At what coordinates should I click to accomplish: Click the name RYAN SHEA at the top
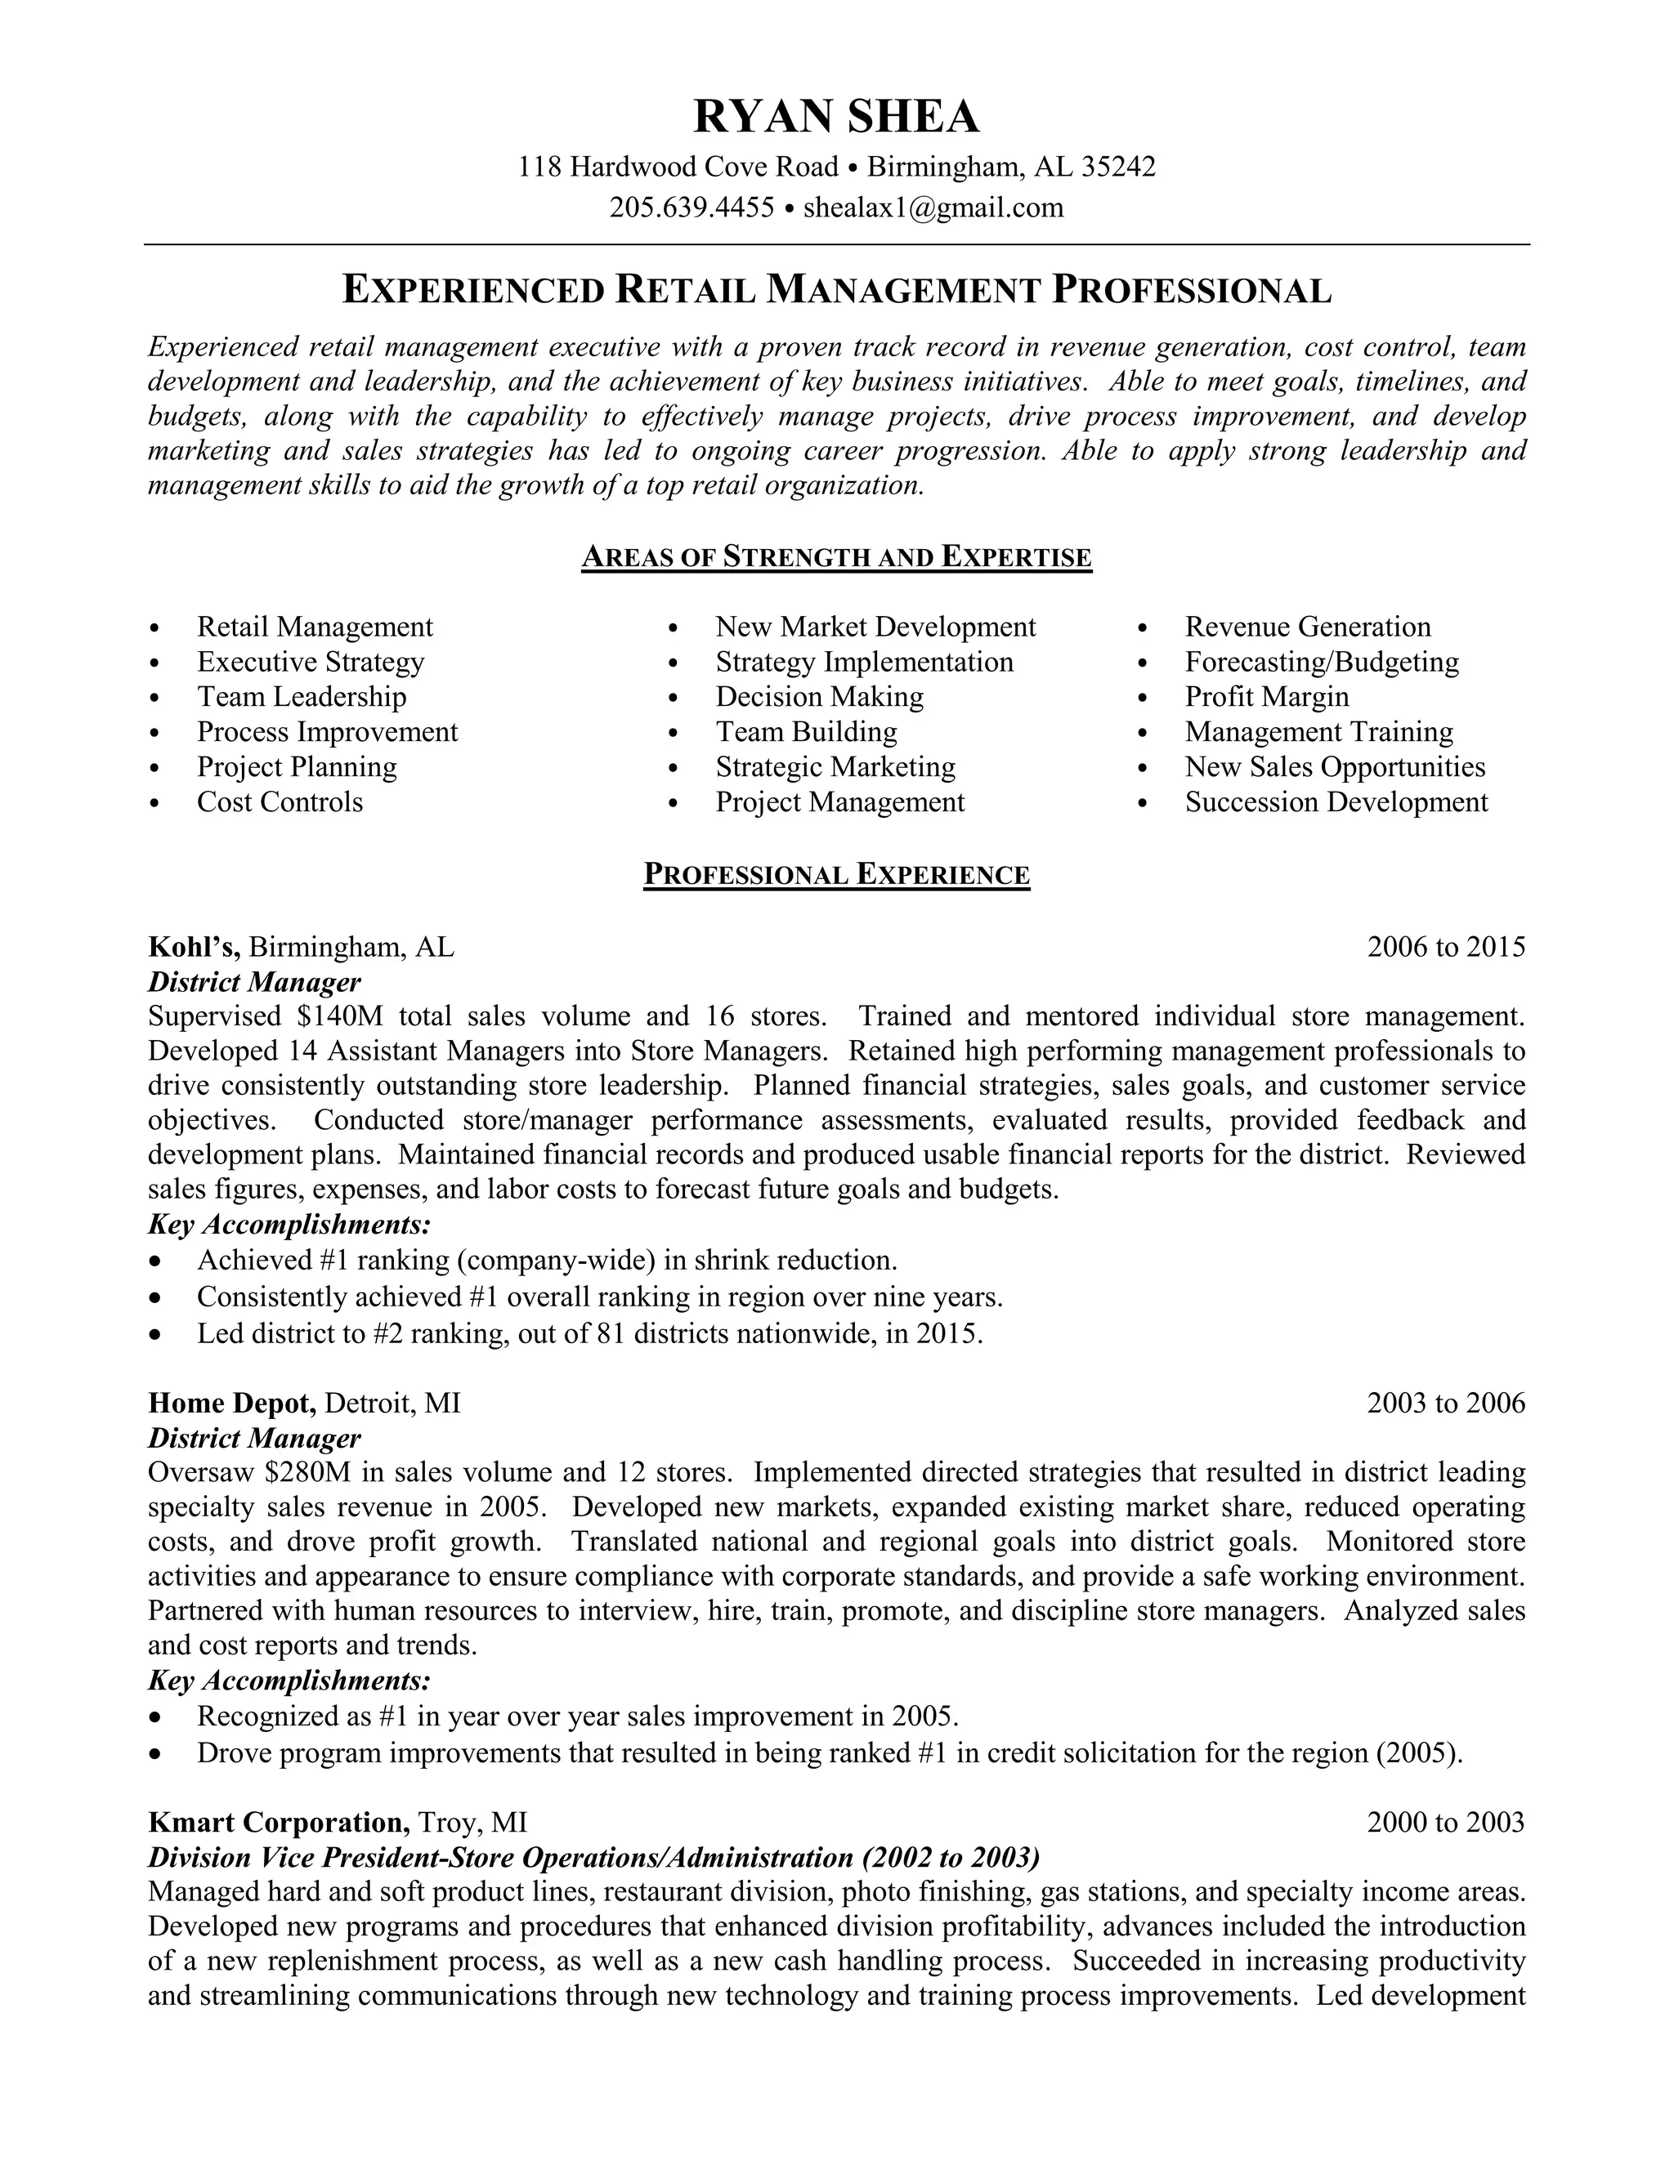tap(836, 117)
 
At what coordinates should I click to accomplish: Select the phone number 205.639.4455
tap(692, 208)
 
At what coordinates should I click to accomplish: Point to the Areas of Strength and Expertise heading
tap(836, 557)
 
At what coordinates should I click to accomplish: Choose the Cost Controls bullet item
tap(280, 802)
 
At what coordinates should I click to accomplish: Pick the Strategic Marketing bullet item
tap(835, 767)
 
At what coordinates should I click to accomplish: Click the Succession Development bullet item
tap(1336, 802)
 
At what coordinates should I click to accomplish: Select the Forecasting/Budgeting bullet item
tap(1321, 663)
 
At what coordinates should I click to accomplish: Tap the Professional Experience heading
tap(836, 874)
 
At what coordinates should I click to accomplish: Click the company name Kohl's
tap(195, 947)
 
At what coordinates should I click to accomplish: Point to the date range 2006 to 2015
tap(1445, 947)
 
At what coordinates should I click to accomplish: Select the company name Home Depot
tap(232, 1403)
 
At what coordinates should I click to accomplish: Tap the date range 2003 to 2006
tap(1445, 1403)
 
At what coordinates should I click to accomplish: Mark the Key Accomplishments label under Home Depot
tap(289, 1681)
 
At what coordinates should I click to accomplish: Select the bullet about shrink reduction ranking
tap(547, 1260)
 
